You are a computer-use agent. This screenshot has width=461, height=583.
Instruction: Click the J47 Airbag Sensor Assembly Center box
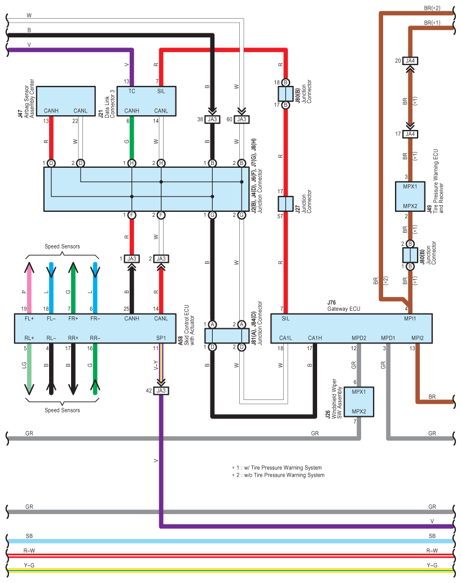[x=66, y=101]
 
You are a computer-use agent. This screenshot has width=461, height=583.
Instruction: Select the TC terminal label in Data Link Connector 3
[x=132, y=91]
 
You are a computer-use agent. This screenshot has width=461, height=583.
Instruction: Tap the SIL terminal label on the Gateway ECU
[x=286, y=319]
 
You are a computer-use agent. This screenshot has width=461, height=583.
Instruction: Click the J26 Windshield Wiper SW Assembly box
[x=358, y=402]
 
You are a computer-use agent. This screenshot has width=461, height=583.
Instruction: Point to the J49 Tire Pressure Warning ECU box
[x=410, y=197]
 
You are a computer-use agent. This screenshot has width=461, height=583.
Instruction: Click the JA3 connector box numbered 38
[x=212, y=119]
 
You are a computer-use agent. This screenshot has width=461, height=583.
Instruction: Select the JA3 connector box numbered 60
[x=242, y=119]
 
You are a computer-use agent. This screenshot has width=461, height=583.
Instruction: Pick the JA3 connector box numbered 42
[x=161, y=390]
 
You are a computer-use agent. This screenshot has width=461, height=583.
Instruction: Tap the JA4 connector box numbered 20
[x=410, y=60]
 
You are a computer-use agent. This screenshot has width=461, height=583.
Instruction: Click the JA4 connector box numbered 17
[x=410, y=134]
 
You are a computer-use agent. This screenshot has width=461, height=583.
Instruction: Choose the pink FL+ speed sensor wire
[x=29, y=288]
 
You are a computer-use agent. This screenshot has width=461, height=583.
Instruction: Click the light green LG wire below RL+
[x=29, y=369]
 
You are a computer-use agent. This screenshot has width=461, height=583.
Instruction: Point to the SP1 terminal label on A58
[x=161, y=338]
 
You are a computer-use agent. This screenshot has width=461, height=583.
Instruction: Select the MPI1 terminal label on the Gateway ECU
[x=410, y=319]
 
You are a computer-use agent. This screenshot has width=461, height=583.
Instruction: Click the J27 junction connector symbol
[x=286, y=204]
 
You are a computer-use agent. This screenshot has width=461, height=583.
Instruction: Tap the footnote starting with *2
[x=278, y=475]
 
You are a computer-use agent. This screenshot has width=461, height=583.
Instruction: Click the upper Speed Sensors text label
[x=62, y=246]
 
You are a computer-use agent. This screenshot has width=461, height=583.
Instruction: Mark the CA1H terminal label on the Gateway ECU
[x=315, y=338]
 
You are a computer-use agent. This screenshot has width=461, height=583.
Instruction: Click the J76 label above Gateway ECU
[x=332, y=303]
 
